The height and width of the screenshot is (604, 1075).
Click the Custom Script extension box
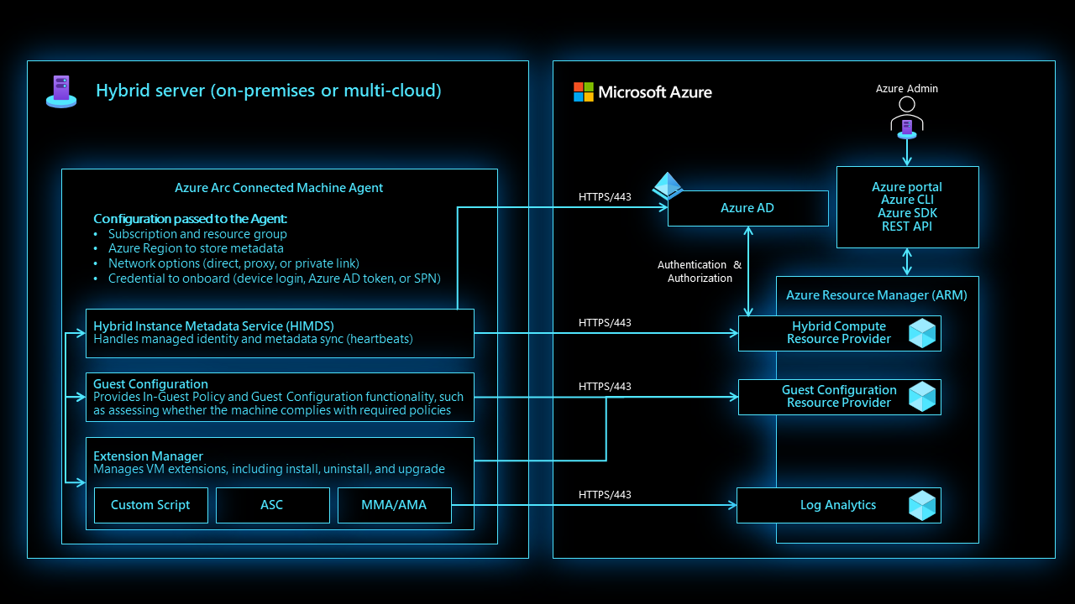pyautogui.click(x=150, y=505)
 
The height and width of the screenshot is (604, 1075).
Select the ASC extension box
pyautogui.click(x=272, y=505)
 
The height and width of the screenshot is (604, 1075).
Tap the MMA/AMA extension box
pyautogui.click(x=394, y=505)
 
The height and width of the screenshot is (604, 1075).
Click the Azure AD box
pyautogui.click(x=747, y=208)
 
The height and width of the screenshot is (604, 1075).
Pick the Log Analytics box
pyautogui.click(x=837, y=505)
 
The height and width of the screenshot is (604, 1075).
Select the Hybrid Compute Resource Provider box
pyautogui.click(x=838, y=333)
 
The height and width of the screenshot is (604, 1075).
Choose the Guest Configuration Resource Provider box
pyautogui.click(x=838, y=397)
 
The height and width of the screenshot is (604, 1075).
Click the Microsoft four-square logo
pyautogui.click(x=584, y=92)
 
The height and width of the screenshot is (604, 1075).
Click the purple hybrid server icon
pyautogui.click(x=61, y=91)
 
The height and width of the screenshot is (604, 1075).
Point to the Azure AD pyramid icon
pyautogui.click(x=668, y=185)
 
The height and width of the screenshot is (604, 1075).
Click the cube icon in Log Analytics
pyautogui.click(x=922, y=505)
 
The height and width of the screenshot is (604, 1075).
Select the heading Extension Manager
pyautogui.click(x=148, y=456)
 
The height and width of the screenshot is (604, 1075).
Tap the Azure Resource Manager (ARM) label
pyautogui.click(x=876, y=295)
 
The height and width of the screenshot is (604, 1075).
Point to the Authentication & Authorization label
pyautogui.click(x=700, y=271)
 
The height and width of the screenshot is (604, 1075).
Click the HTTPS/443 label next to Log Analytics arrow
pyautogui.click(x=605, y=495)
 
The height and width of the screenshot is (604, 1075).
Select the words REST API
pyautogui.click(x=907, y=226)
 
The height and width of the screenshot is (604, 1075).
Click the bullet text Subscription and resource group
pyautogui.click(x=197, y=234)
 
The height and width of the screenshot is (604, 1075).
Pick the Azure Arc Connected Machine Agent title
pyautogui.click(x=279, y=188)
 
